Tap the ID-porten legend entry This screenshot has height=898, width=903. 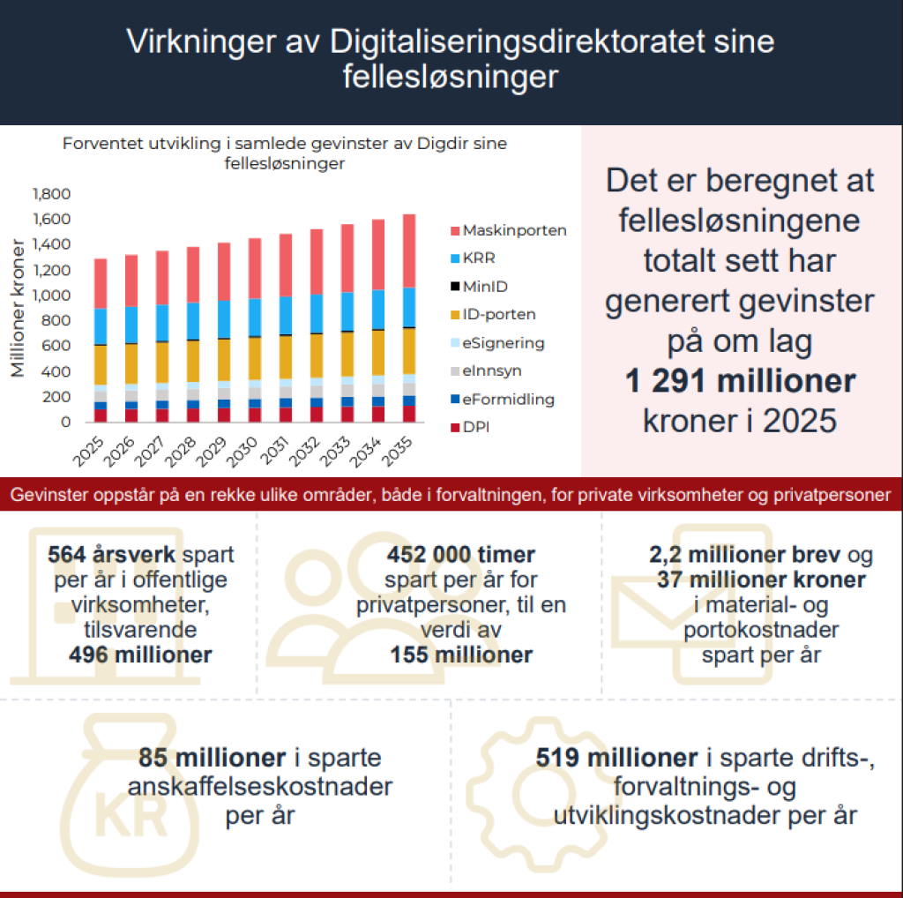[x=498, y=314]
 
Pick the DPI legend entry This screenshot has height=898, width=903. [x=476, y=427]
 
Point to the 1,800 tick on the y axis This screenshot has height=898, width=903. [x=51, y=194]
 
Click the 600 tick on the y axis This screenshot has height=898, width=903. [x=58, y=346]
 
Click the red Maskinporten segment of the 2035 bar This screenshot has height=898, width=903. [x=408, y=251]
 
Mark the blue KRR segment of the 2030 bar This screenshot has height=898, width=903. [x=255, y=317]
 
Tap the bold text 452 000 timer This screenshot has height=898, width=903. [x=460, y=555]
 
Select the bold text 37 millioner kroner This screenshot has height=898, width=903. [x=760, y=580]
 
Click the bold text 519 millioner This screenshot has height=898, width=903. [x=616, y=759]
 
